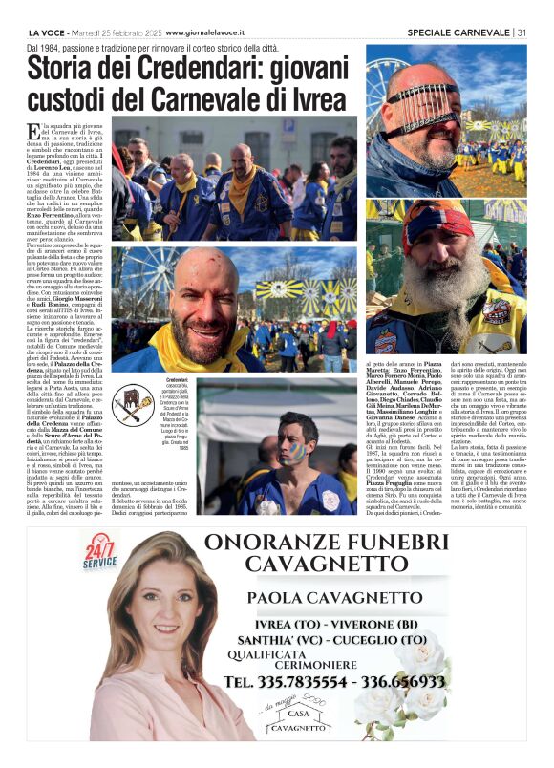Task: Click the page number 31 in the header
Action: point(522,32)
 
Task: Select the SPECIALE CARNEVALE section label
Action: point(459,32)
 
